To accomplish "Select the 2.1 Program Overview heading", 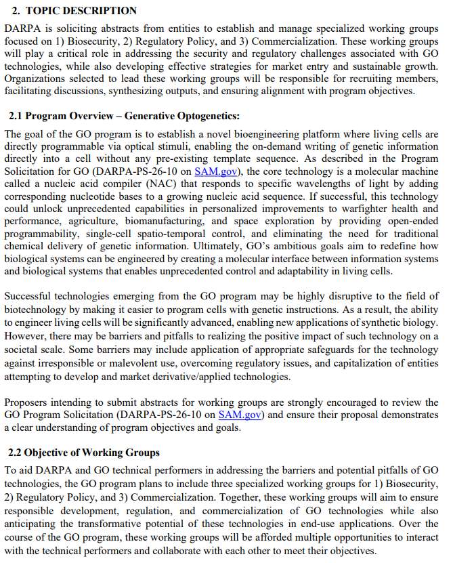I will pyautogui.click(x=124, y=117).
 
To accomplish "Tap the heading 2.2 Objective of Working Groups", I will pyautogui.click(x=84, y=453).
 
